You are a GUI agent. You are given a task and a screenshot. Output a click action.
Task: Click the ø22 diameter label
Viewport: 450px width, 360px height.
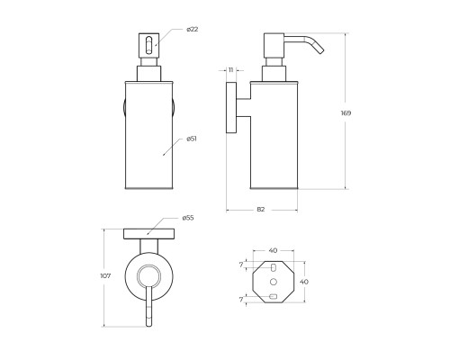pyautogui.click(x=192, y=30)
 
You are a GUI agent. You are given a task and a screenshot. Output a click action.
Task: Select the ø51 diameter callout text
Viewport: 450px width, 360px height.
pyautogui.click(x=192, y=139)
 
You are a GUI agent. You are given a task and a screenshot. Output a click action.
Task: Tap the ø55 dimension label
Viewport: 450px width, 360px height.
pyautogui.click(x=188, y=218)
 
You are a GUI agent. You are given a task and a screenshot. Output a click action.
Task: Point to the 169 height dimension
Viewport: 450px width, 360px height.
pyautogui.click(x=346, y=113)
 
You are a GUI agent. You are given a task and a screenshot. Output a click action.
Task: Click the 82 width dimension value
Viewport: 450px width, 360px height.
pyautogui.click(x=261, y=210)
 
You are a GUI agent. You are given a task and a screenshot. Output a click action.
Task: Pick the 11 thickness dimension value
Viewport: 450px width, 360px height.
pyautogui.click(x=230, y=70)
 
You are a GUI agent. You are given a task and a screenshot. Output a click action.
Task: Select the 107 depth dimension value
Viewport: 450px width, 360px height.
pyautogui.click(x=105, y=276)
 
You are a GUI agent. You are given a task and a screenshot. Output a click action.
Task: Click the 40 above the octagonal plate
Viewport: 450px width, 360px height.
pyautogui.click(x=273, y=250)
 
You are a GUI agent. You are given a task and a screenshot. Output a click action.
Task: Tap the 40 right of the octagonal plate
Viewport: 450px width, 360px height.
pyautogui.click(x=304, y=282)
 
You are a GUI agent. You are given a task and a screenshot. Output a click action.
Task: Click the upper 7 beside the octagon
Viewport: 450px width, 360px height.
pyautogui.click(x=241, y=265)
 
